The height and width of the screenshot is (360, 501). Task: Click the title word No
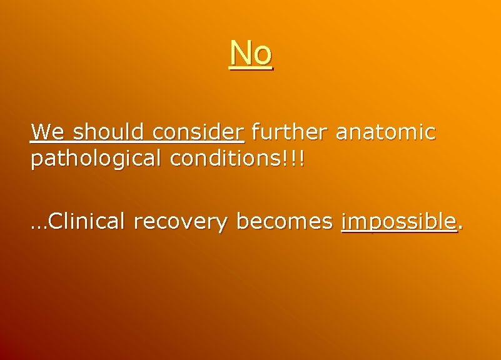pos(251,53)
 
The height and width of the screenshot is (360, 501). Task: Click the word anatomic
pos(385,132)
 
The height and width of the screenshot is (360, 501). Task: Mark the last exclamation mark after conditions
pos(303,158)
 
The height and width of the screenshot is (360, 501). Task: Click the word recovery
pos(181,222)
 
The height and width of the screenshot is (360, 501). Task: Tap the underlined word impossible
pos(399,222)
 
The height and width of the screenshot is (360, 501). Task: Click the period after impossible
pos(461,227)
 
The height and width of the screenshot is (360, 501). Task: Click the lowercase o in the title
pos(262,56)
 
